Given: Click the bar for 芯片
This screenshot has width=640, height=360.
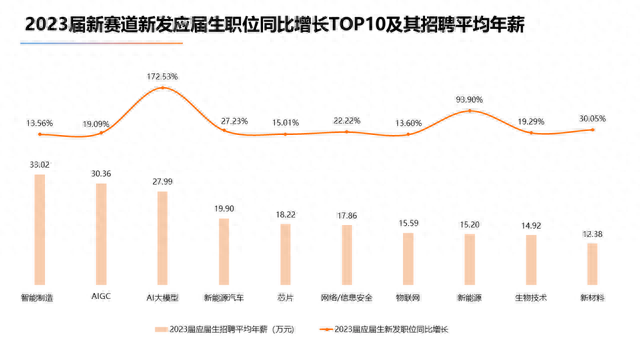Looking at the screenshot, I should pos(285,256).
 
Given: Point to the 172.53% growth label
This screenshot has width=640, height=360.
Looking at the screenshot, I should pos(162,76).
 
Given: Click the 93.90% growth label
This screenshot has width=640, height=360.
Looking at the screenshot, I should pos(469,100).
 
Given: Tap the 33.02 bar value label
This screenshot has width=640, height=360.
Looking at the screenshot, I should pos(39,164).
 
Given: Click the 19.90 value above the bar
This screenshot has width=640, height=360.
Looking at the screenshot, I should pos(223,208).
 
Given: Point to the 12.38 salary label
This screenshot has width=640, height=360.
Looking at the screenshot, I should pos(592,234).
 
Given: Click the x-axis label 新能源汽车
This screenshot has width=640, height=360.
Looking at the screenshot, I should pos(223,298).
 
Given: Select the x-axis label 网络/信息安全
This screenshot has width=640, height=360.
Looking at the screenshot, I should pos(346,298).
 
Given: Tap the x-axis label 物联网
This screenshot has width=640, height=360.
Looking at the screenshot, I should pos(407,298).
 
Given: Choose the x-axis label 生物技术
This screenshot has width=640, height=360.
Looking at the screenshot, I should pos(531,298).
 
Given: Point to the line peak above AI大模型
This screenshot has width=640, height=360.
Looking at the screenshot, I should pos(162,89).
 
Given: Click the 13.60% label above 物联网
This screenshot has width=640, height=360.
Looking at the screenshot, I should pos(407,123).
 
